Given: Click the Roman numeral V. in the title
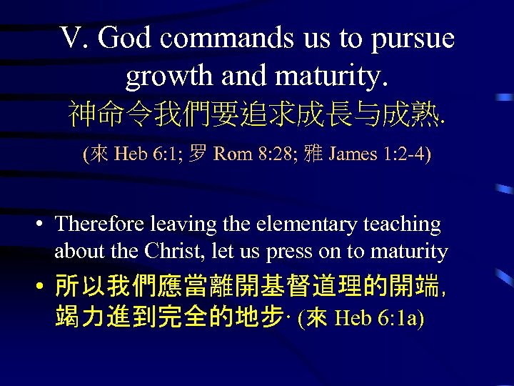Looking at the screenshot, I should pos(74,39).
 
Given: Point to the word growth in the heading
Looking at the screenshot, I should pos(163,76).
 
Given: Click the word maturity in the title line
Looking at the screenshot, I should pos(329,76).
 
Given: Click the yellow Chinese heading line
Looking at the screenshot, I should pos(257,113).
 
